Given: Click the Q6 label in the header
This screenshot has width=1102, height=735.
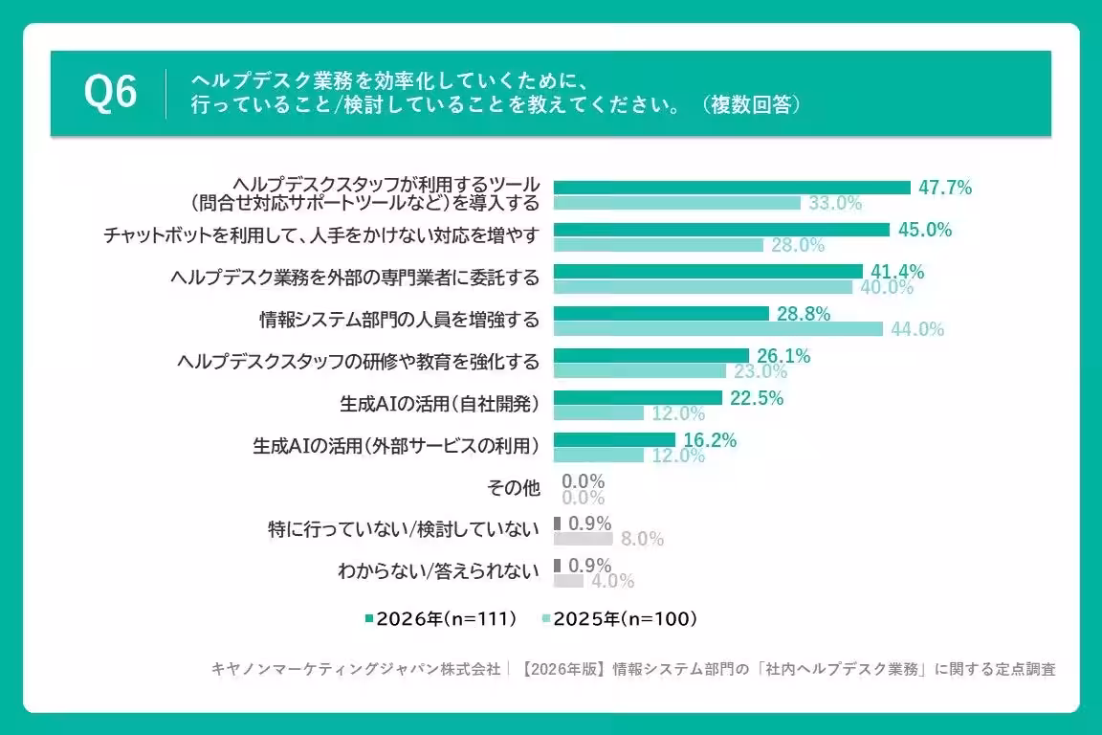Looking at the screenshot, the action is (x=110, y=93).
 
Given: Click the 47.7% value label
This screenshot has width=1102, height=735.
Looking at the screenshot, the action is (x=944, y=188).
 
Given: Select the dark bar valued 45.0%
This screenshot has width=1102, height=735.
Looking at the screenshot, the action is (x=722, y=230).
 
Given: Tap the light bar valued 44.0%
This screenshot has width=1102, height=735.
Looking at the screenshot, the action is (x=718, y=328).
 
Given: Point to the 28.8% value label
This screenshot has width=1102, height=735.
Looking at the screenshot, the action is (x=804, y=314).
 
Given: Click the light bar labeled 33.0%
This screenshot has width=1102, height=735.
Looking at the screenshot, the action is (x=677, y=203).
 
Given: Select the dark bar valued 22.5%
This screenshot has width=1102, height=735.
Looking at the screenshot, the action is (x=638, y=398).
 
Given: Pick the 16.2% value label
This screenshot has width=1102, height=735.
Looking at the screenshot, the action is (x=710, y=440).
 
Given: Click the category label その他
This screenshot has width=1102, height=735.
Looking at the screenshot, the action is (x=514, y=487).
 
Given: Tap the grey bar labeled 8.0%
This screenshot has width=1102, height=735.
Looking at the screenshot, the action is (x=584, y=539).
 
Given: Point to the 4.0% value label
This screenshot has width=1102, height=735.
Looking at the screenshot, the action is (x=613, y=581).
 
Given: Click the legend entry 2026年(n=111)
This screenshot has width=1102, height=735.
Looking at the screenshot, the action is (x=441, y=619).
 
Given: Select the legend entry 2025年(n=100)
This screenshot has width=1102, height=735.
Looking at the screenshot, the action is (x=620, y=619).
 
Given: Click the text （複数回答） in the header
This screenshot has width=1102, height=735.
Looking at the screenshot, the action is (x=751, y=105).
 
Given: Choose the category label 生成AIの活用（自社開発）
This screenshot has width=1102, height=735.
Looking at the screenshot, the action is (x=440, y=404).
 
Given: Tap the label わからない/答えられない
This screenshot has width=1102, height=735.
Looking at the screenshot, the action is (x=438, y=570).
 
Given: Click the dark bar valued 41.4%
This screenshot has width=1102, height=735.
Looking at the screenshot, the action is (x=709, y=272).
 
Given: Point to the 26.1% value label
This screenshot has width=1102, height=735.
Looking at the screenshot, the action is (x=783, y=356).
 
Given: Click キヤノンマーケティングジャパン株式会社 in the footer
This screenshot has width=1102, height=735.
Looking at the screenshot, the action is (x=356, y=669).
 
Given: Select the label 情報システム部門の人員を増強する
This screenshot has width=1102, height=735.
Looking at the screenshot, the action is (x=400, y=320).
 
